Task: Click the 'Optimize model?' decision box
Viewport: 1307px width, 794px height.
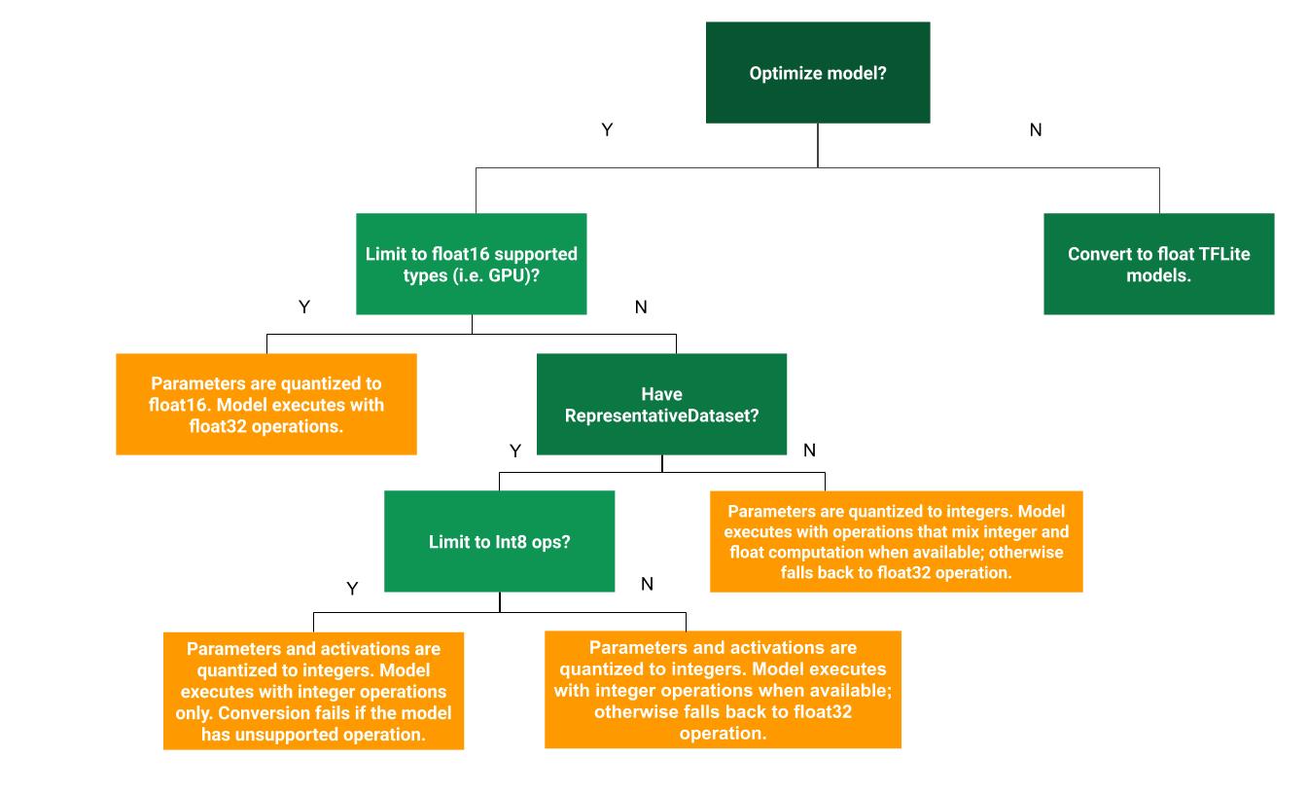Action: [x=817, y=73]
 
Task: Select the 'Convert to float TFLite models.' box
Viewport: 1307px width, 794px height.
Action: [x=1158, y=264]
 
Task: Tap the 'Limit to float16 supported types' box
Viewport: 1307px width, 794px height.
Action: [x=471, y=264]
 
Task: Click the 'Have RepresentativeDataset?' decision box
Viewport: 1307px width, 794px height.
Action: [x=661, y=404]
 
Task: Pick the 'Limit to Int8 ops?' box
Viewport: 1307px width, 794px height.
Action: [x=499, y=541]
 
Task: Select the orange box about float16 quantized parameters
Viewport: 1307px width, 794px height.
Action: [x=265, y=404]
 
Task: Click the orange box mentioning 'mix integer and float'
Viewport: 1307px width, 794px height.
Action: [x=896, y=541]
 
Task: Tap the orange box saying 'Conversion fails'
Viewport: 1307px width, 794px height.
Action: [x=313, y=691]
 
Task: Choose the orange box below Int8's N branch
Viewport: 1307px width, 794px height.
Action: [x=723, y=689]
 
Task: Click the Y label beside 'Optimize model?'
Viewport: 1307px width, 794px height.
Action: [x=607, y=129]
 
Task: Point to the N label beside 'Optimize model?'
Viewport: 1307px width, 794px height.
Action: [x=1035, y=129]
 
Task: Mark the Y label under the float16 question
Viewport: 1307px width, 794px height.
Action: [x=304, y=307]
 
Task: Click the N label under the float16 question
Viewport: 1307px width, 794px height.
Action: [x=640, y=307]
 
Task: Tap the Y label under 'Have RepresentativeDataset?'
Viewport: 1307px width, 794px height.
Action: [x=515, y=450]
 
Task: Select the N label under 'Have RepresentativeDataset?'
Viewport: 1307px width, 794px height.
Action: [x=809, y=450]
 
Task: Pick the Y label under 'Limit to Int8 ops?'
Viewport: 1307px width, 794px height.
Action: [x=353, y=589]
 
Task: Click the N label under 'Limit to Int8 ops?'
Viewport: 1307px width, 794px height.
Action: [x=647, y=584]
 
